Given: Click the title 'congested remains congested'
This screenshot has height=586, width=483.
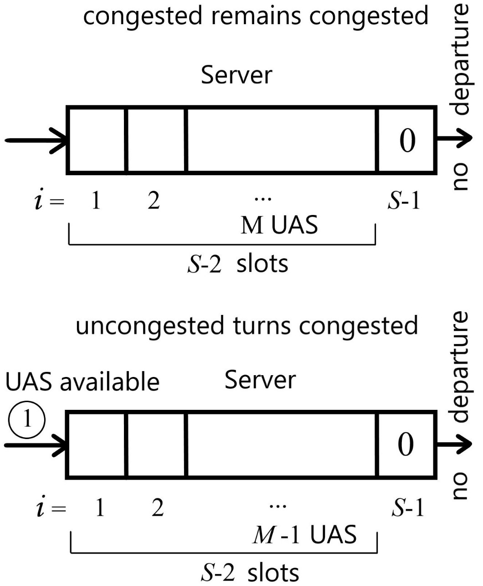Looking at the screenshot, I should pos(256,16).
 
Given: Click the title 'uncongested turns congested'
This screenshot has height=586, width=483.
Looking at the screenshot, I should pos(247,326).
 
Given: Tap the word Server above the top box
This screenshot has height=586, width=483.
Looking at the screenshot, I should pos(236,75).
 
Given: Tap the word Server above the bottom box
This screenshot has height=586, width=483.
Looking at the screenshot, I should pos(260,380).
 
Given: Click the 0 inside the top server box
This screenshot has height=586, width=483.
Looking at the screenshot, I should pos(407,140).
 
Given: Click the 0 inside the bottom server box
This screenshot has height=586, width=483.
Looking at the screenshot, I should pos(406,445).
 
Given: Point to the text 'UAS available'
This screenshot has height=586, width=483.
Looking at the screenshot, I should pos(82,382).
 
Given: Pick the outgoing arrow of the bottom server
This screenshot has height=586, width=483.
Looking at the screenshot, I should pos(453,444).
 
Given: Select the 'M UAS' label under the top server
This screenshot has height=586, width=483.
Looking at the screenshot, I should pos(279,225).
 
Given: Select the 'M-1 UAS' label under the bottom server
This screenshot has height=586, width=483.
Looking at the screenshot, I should pos(304,534).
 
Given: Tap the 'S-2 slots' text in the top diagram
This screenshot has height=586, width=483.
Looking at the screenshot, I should pos(238,264).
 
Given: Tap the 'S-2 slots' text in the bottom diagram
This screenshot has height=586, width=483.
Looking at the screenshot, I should pos(250,572).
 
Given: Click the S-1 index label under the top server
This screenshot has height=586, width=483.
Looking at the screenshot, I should pos(404,201).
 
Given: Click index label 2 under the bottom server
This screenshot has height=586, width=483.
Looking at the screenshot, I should pos(157,508).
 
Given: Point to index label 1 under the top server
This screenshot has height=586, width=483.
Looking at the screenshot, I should pos(95,201).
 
